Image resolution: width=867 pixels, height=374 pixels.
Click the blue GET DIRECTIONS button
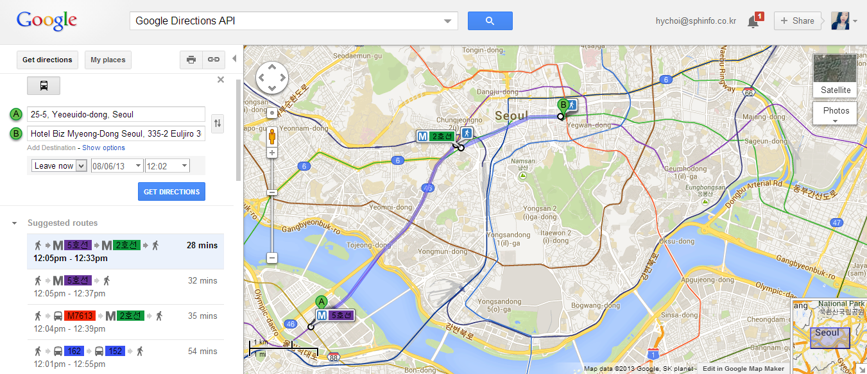[172, 192]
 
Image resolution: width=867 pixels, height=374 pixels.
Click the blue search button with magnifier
[490, 21]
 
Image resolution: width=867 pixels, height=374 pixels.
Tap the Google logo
[47, 21]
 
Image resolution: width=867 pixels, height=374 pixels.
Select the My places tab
[108, 60]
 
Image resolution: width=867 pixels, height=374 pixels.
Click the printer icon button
[191, 60]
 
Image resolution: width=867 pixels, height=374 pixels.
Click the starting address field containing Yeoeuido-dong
[116, 115]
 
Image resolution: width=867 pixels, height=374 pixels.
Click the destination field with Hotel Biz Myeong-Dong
[116, 134]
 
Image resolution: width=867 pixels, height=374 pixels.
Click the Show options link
[103, 148]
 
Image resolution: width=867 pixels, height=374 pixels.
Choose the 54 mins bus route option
[125, 356]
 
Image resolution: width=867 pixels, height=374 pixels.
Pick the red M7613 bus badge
[79, 316]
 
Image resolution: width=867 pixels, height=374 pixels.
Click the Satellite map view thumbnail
[835, 76]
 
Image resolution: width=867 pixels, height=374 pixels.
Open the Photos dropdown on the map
[835, 114]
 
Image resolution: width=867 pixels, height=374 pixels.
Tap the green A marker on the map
[322, 302]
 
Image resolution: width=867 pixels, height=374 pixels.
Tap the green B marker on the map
[563, 105]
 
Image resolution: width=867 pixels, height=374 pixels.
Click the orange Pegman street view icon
[272, 137]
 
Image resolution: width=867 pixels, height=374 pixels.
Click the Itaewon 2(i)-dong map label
[556, 236]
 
